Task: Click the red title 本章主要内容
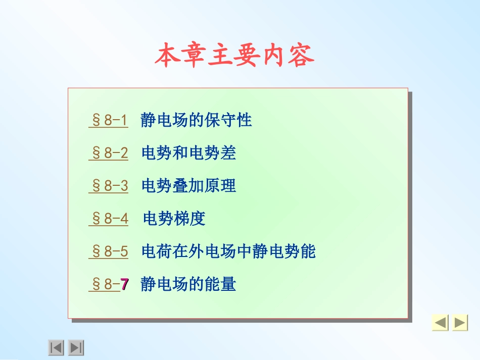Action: pyautogui.click(x=234, y=56)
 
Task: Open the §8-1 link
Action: pyautogui.click(x=109, y=120)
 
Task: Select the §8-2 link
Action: pyautogui.click(x=109, y=153)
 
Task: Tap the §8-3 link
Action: pyautogui.click(x=109, y=186)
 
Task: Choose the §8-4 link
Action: pyautogui.click(x=109, y=219)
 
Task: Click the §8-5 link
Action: pyautogui.click(x=109, y=251)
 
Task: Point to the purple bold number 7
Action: pyautogui.click(x=124, y=285)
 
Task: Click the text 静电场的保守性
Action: pyautogui.click(x=196, y=120)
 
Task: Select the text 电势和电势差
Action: pyautogui.click(x=188, y=153)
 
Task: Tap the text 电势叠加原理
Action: pyautogui.click(x=188, y=186)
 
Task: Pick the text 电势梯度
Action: pyautogui.click(x=174, y=219)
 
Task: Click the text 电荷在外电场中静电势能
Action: pyautogui.click(x=228, y=251)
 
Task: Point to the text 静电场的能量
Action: pyautogui.click(x=188, y=285)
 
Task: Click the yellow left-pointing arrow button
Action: pyautogui.click(x=440, y=323)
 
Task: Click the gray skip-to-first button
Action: pyautogui.click(x=56, y=347)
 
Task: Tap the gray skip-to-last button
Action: pyautogui.click(x=76, y=347)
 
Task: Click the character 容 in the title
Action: pyautogui.click(x=302, y=56)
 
